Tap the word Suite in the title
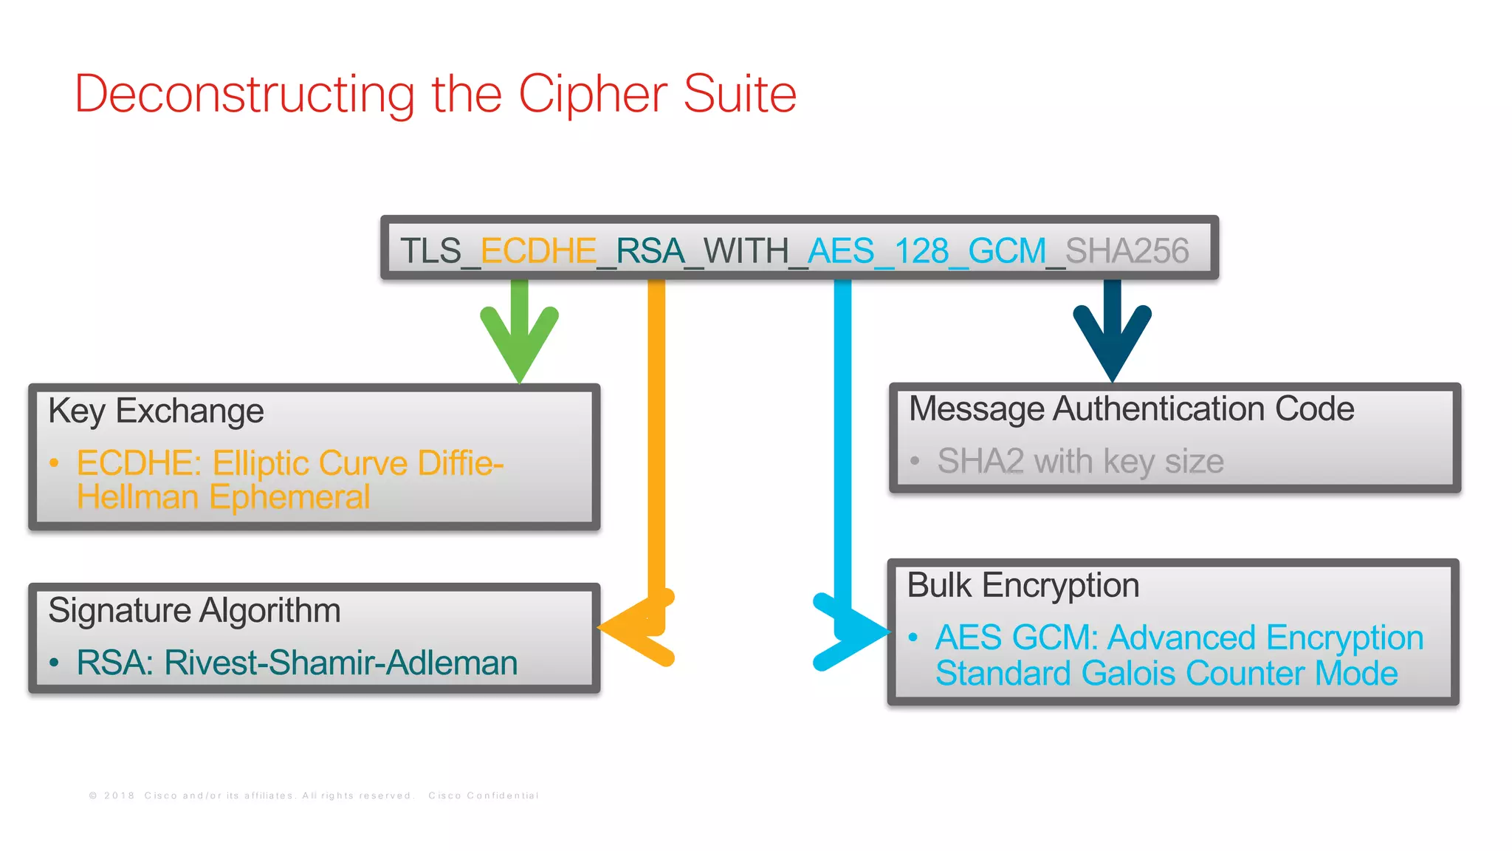coord(740,95)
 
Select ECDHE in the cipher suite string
coord(538,251)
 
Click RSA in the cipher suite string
coord(650,251)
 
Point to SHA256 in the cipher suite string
coord(1127,251)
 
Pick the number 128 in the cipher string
coord(921,251)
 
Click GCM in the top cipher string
coord(1006,251)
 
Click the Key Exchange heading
coord(156,411)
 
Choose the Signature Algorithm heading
coord(194,611)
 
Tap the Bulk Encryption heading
coord(1023,586)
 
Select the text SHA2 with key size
coord(1080,462)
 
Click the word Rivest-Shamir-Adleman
coord(340,663)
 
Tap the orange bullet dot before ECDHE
coord(54,464)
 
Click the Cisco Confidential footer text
coord(483,796)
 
